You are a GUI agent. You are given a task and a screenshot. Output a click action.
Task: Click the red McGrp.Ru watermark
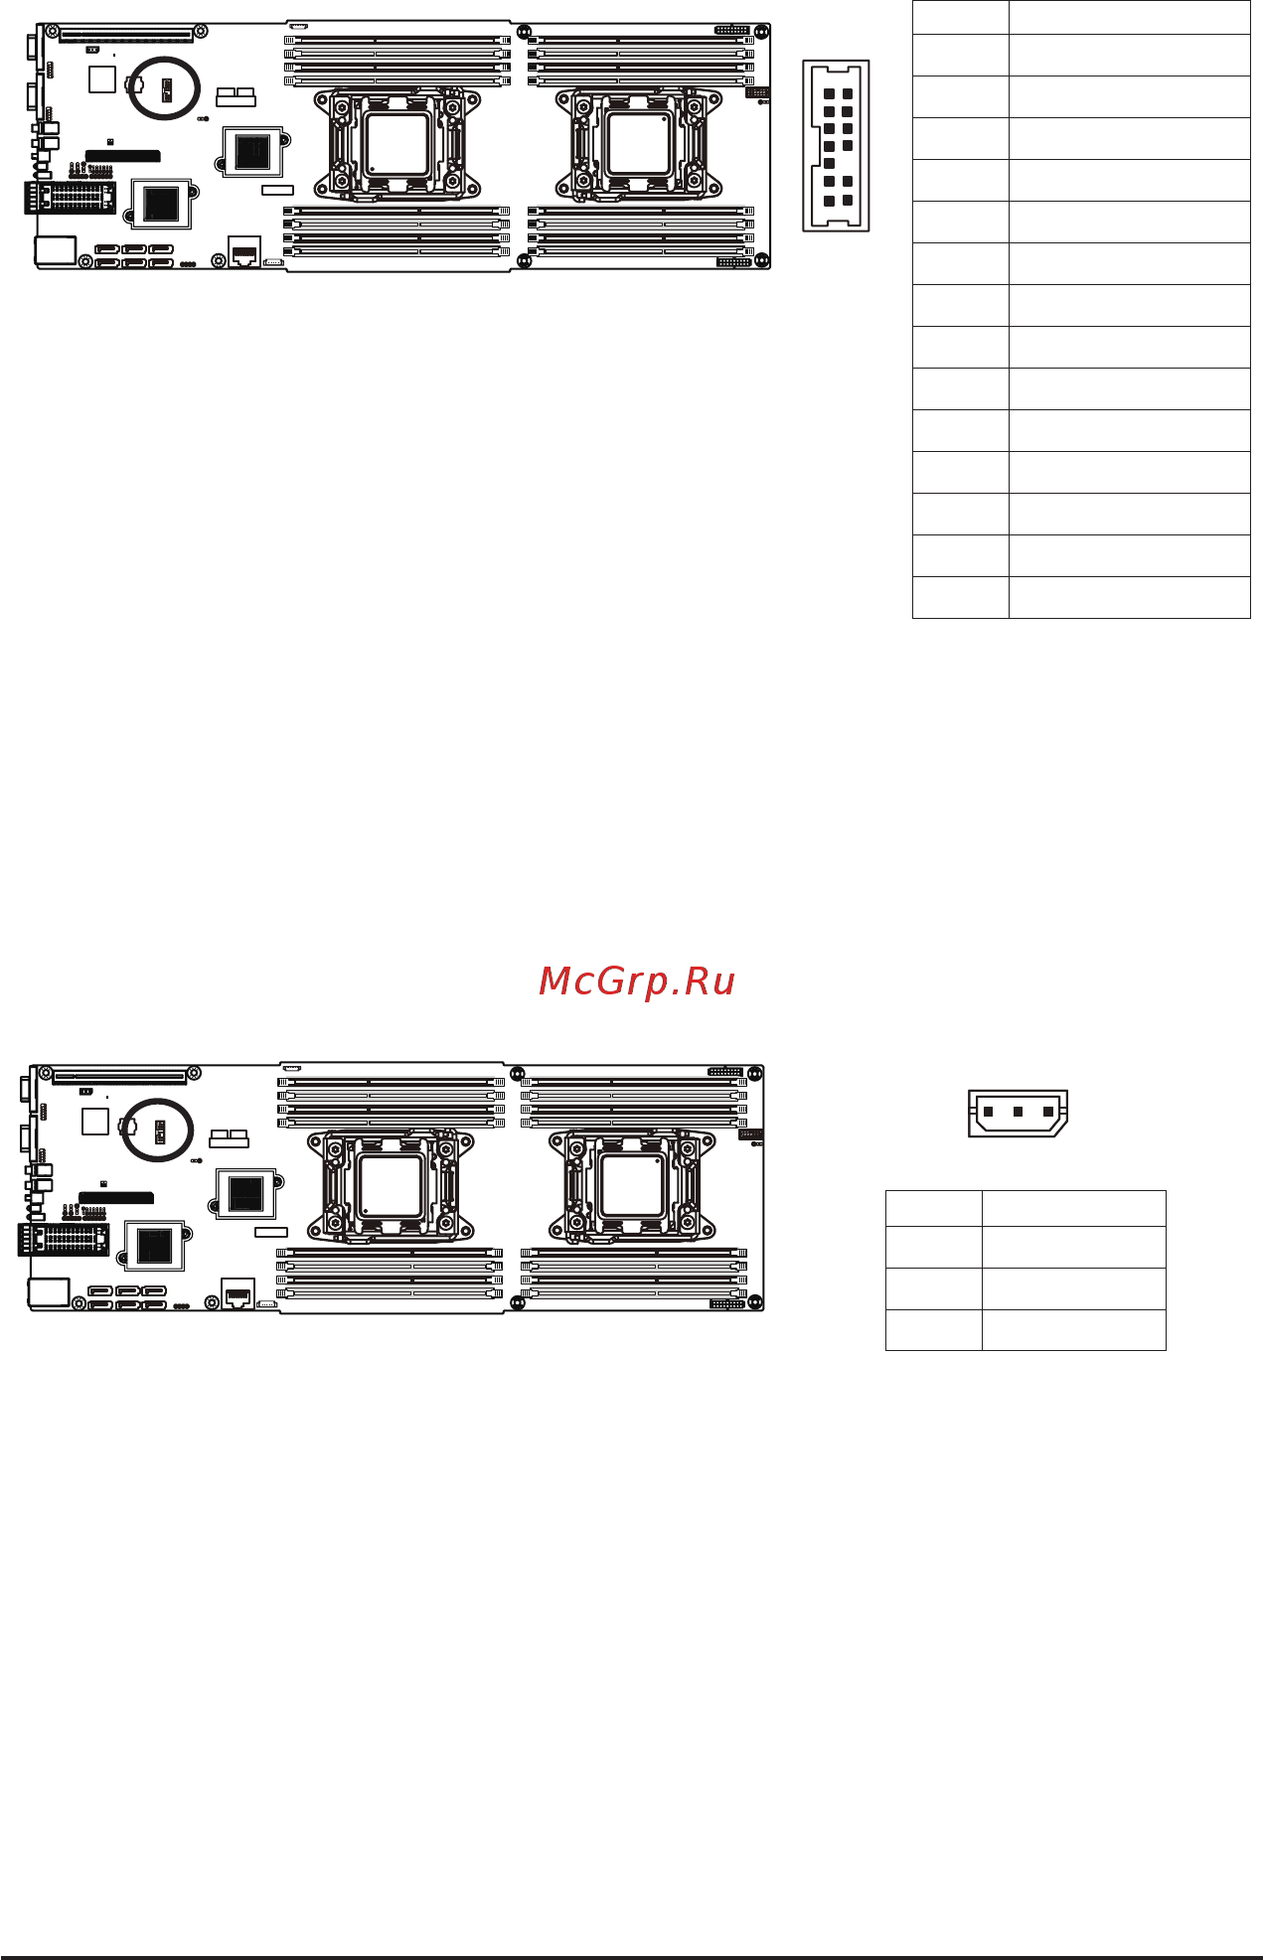[x=636, y=981]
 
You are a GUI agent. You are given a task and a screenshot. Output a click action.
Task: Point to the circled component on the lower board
[x=157, y=1131]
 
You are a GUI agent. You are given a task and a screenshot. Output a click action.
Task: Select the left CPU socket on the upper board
[x=397, y=144]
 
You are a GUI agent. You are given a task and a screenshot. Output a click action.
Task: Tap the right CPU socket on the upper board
[x=639, y=144]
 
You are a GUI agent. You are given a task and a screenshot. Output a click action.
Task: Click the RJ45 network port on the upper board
[x=244, y=252]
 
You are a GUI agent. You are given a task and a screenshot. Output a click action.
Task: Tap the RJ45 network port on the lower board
[x=237, y=1295]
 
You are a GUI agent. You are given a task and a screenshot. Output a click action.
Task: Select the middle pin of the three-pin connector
[x=1018, y=1112]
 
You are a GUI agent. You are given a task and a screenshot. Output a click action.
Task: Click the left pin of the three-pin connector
[x=988, y=1112]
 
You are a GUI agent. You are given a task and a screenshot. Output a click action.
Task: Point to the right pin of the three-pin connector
[x=1047, y=1112]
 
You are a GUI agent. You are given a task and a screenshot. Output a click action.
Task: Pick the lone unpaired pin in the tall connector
[x=829, y=163]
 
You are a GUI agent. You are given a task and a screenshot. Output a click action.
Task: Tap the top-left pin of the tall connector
[x=829, y=94]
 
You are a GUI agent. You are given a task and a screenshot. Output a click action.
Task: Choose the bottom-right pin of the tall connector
[x=848, y=201]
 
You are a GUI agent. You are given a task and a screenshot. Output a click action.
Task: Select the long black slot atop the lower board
[x=119, y=1076]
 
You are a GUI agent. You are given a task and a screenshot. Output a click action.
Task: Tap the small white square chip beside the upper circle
[x=102, y=79]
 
